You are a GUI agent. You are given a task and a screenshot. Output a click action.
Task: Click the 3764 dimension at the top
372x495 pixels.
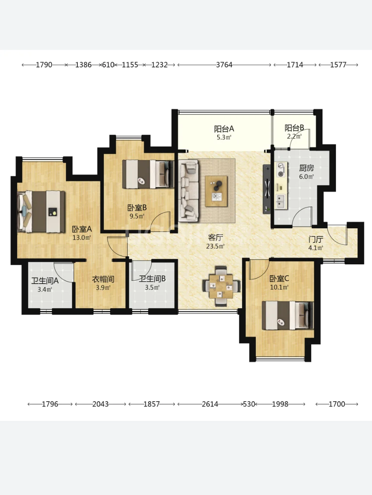224,65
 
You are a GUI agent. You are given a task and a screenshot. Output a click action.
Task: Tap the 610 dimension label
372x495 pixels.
108,65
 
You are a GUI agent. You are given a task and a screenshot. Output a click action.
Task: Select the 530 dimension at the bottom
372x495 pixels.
249,404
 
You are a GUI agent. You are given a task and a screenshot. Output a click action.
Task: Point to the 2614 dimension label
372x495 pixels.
210,404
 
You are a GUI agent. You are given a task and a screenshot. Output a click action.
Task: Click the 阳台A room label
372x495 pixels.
224,129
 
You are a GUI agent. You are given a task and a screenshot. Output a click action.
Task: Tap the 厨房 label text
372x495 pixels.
306,168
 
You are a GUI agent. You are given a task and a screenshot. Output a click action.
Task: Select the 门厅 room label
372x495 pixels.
316,240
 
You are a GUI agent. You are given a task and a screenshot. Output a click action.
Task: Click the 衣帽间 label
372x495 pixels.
103,279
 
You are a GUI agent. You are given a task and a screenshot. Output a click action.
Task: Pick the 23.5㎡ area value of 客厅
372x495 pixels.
215,246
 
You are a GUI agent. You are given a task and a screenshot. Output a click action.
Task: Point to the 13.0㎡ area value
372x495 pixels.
82,237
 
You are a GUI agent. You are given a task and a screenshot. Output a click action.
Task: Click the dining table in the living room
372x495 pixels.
221,286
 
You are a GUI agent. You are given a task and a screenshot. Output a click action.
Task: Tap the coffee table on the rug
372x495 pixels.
216,191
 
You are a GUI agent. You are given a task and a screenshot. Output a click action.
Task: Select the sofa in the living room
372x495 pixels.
189,191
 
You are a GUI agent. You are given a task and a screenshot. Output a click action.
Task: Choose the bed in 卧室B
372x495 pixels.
148,174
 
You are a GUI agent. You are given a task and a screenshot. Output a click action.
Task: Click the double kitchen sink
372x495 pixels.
281,201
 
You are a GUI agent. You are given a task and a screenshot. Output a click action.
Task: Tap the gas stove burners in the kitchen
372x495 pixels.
281,169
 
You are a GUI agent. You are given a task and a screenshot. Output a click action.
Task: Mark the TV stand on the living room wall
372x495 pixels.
267,189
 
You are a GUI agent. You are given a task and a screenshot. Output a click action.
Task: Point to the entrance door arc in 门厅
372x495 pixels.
337,235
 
